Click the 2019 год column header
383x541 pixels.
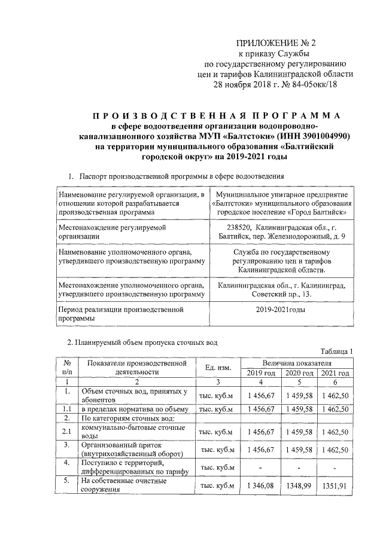click(x=261, y=373)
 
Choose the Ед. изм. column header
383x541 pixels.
click(x=218, y=367)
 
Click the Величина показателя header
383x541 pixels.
click(x=297, y=363)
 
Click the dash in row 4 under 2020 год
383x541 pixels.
click(x=297, y=467)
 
